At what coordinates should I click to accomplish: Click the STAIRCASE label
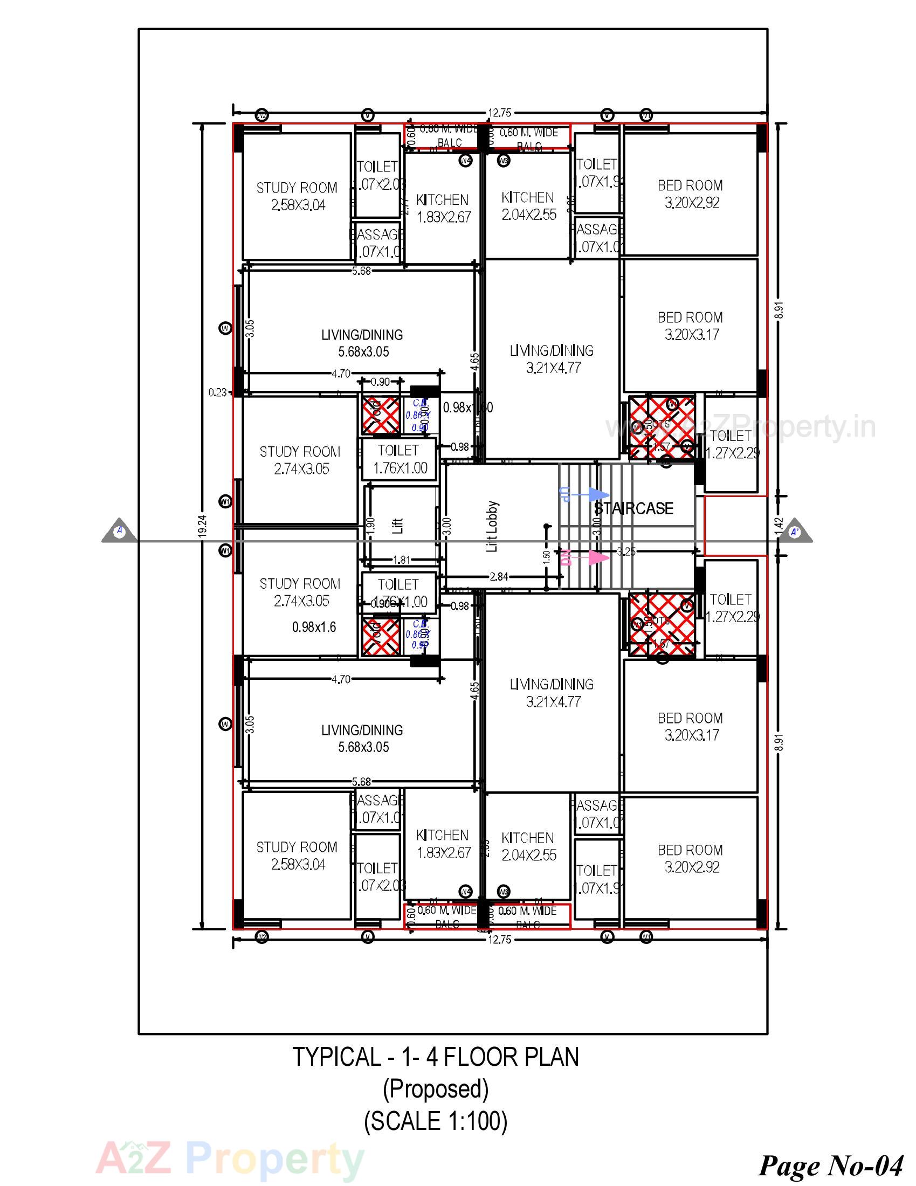point(633,508)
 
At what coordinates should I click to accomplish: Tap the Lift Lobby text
point(492,526)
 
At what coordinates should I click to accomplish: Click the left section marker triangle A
point(120,532)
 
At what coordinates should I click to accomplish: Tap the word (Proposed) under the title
point(436,1088)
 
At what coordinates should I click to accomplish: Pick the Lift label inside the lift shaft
point(398,525)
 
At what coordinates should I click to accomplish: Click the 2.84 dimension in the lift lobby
point(499,577)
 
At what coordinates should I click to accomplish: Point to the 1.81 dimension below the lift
point(402,560)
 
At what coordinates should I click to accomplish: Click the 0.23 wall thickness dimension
point(217,392)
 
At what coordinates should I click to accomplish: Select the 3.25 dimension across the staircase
point(625,551)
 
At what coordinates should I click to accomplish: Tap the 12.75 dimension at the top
point(500,113)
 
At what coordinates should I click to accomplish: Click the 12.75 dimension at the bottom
point(500,940)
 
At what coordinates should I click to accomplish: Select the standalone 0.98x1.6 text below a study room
point(314,627)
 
